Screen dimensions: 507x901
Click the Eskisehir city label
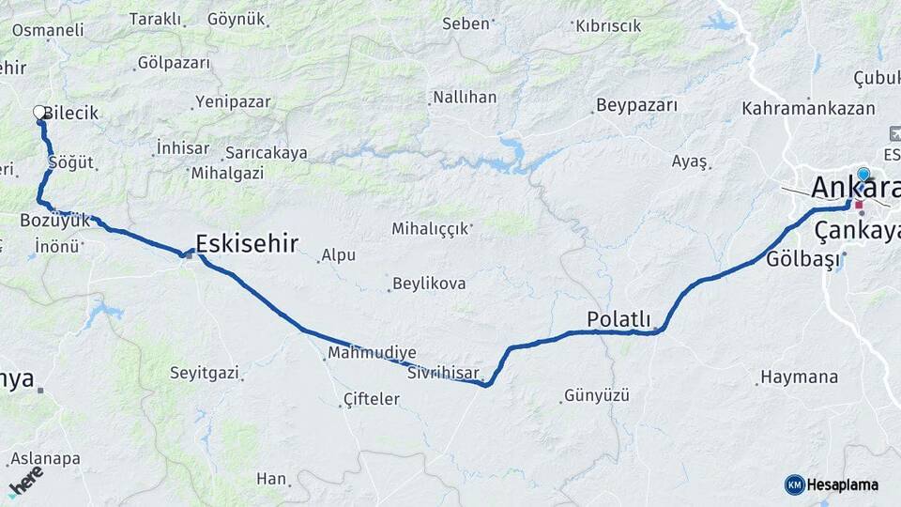[247, 244]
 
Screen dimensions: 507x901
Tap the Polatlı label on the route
[618, 319]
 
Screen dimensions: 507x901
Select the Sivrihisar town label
[444, 373]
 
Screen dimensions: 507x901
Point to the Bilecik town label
[70, 113]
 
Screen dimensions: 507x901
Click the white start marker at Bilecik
[39, 113]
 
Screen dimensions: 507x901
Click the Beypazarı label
[636, 105]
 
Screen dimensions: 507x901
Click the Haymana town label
[799, 376]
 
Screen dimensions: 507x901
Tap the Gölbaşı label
[802, 260]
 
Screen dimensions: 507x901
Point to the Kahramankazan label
[808, 109]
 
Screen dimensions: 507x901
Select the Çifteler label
[372, 399]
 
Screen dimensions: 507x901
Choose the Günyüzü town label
[596, 395]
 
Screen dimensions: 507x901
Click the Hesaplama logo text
[842, 484]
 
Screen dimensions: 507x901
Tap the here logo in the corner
[25, 481]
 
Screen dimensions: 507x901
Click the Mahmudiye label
[365, 354]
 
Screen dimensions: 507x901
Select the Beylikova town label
[429, 283]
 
